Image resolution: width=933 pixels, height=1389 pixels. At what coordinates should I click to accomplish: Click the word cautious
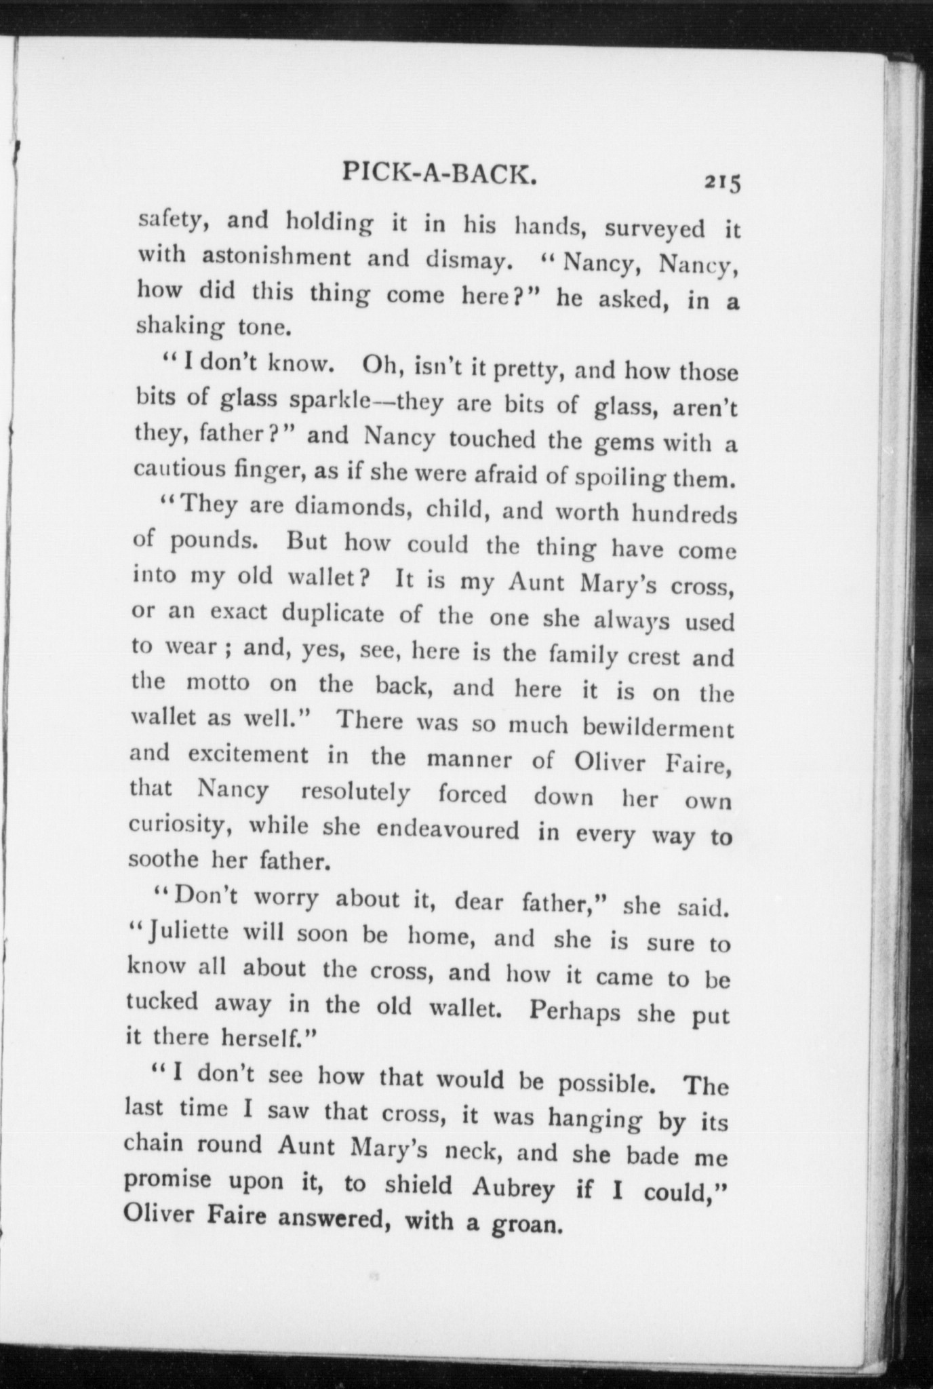click(x=179, y=469)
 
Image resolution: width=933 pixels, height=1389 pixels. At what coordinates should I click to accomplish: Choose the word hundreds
click(x=683, y=514)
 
